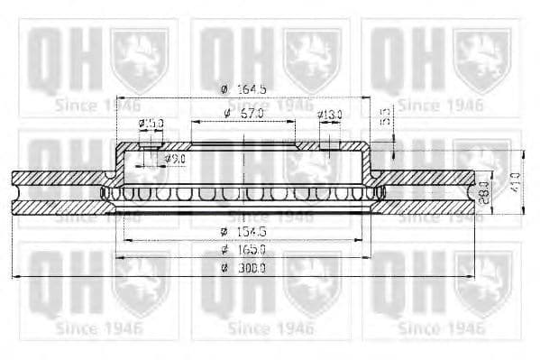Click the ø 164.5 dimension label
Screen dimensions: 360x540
point(243,88)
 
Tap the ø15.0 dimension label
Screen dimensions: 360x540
point(151,124)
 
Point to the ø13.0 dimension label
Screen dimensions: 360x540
point(330,115)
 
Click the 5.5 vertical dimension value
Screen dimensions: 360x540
point(383,115)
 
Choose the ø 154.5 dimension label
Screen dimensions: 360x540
point(243,232)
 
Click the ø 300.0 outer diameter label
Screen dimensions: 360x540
point(243,268)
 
